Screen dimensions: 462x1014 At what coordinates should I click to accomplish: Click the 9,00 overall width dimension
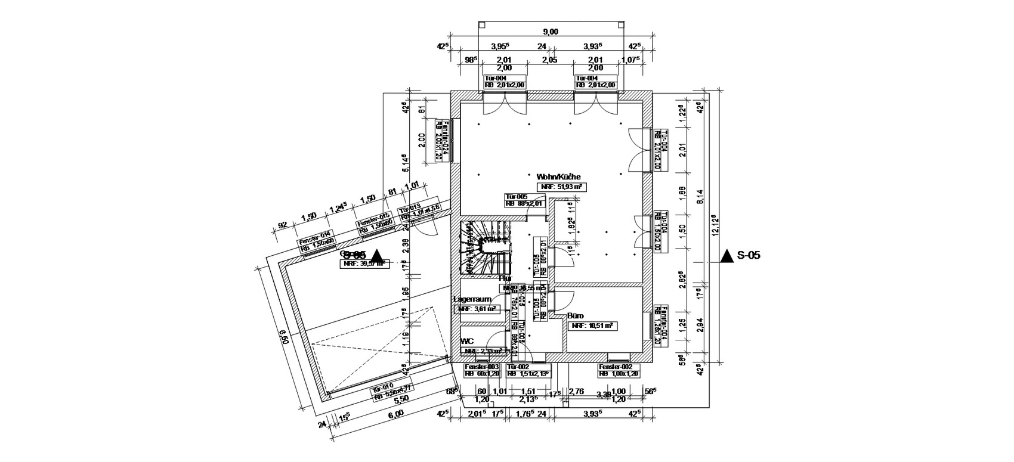[x=550, y=32]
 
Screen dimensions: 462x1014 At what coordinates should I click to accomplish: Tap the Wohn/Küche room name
[x=558, y=177]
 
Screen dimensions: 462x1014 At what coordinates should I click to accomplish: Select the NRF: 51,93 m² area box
[x=561, y=187]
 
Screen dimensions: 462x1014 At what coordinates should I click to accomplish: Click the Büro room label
[x=576, y=316]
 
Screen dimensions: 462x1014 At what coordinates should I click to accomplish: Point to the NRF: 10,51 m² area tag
[x=593, y=326]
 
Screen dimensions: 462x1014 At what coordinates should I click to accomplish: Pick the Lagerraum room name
[x=472, y=299]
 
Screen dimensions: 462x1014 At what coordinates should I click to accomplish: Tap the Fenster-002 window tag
[x=619, y=371]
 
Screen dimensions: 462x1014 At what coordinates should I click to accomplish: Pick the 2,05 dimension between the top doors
[x=549, y=60]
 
